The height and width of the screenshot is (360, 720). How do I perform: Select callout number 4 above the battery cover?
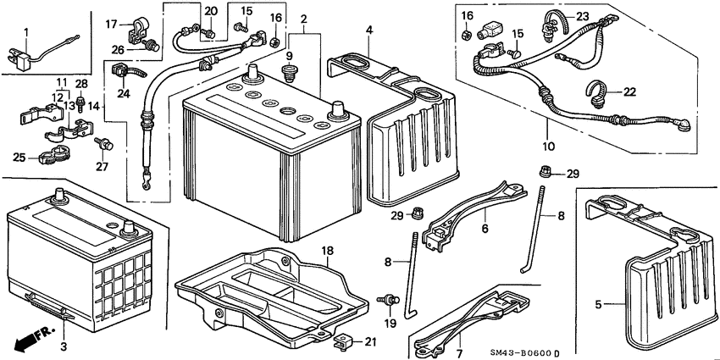pyautogui.click(x=369, y=30)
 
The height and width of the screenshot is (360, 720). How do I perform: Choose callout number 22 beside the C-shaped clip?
pyautogui.click(x=629, y=91)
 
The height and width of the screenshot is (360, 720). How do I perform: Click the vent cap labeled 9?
pyautogui.click(x=289, y=74)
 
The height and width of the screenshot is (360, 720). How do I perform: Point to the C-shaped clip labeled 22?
pyautogui.click(x=597, y=92)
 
